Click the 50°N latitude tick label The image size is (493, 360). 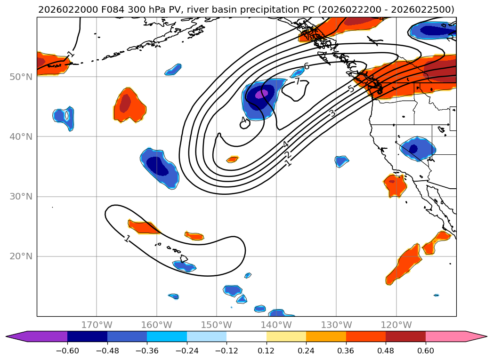(21, 77)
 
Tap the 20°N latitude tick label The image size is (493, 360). (21, 256)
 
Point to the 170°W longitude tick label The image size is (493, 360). (97, 325)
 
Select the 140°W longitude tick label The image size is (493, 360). (276, 325)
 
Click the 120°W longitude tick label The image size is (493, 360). (396, 325)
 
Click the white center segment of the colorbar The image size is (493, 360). (246, 336)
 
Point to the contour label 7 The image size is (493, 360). (298, 81)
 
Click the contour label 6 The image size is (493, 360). (307, 66)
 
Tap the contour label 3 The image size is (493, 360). (332, 113)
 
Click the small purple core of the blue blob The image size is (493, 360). (262, 94)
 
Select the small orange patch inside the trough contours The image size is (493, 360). (233, 160)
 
